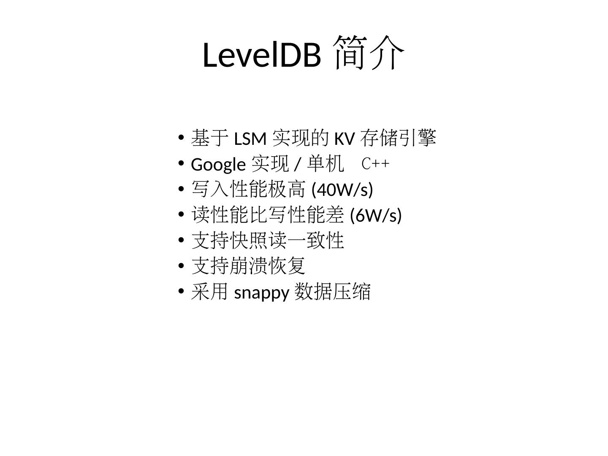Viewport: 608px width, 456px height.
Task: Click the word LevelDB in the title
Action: click(262, 55)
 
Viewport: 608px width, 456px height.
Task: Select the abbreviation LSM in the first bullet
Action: click(250, 138)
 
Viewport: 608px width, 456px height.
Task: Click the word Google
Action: click(218, 164)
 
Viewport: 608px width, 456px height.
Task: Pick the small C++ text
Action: click(375, 164)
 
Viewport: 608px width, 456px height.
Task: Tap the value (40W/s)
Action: click(342, 190)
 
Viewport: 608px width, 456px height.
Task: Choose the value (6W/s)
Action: click(376, 215)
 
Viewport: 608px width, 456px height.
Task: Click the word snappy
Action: click(261, 292)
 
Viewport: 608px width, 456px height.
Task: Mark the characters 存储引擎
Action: click(398, 138)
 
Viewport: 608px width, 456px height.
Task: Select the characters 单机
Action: click(326, 164)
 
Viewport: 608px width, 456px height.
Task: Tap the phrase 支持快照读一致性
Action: click(268, 241)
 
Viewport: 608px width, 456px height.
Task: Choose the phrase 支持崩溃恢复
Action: click(248, 266)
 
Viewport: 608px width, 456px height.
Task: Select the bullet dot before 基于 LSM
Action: click(181, 137)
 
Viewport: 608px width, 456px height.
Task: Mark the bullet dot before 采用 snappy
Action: click(181, 291)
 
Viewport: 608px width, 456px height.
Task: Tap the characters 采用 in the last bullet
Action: click(210, 292)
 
